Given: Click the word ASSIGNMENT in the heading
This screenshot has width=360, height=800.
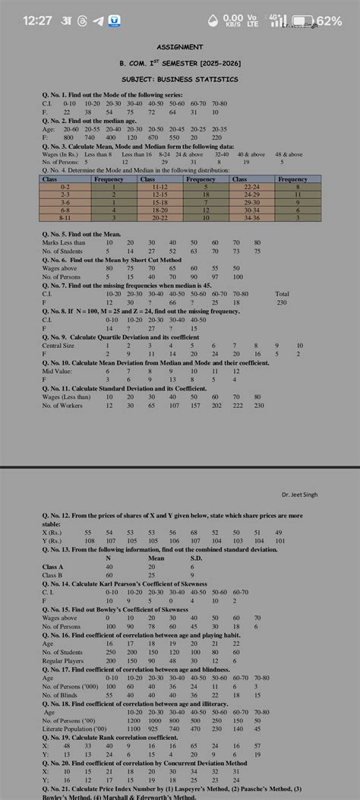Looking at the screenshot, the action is coord(179,47).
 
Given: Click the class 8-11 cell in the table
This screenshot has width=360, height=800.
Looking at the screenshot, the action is coord(65,218).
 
